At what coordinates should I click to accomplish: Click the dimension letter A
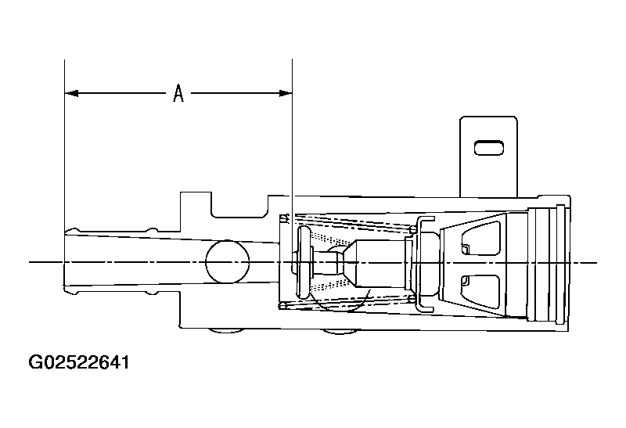point(178,93)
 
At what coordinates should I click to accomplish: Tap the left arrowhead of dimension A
point(71,93)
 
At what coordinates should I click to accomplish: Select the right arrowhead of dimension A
point(286,93)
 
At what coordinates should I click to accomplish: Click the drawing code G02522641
point(79,362)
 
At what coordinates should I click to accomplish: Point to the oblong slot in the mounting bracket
point(488,148)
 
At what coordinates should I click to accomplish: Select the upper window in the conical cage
point(481,238)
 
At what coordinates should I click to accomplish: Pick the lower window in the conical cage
point(481,291)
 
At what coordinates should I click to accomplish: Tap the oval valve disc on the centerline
point(305,262)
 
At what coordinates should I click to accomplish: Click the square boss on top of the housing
point(196,204)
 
